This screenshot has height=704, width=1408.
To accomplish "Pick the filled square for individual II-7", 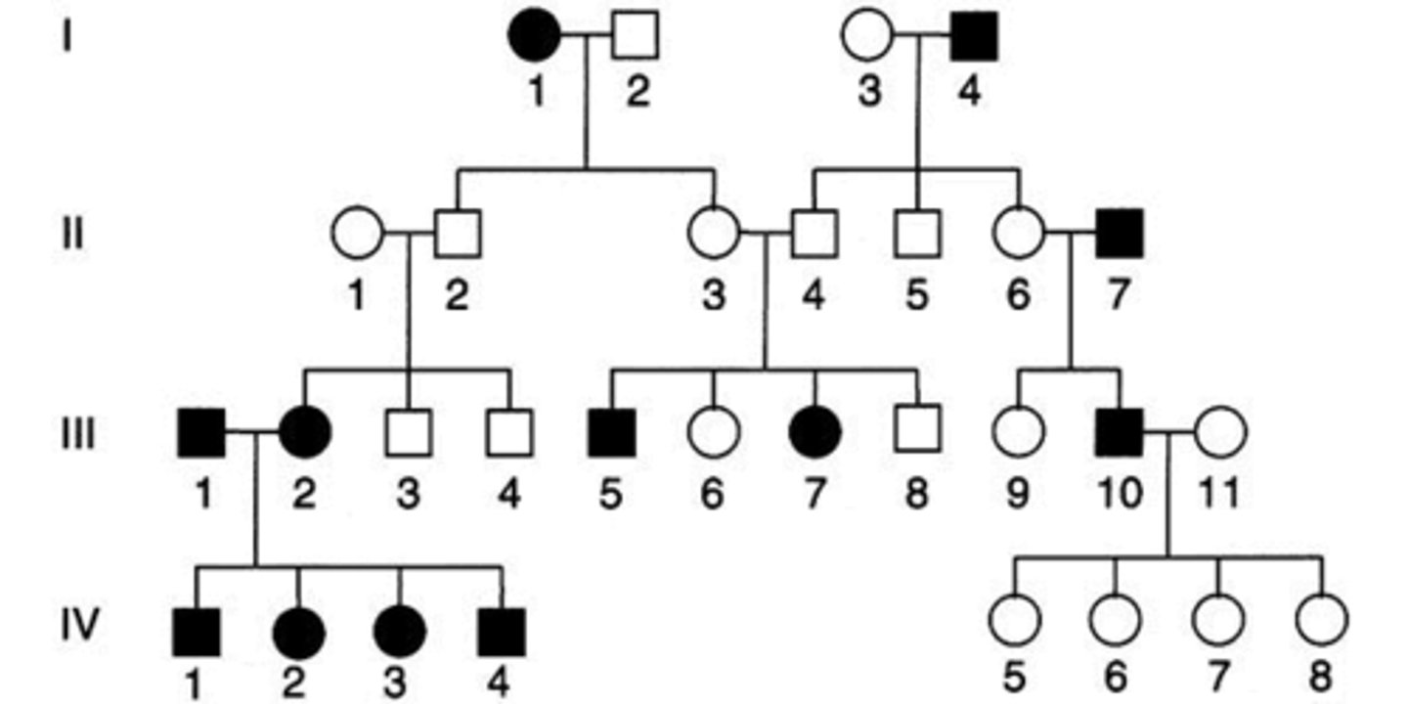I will point(1120,235).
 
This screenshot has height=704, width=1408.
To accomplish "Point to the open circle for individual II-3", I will point(714,235).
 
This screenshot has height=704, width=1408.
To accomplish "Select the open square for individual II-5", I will point(916,235).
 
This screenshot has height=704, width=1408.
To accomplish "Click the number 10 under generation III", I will point(1120,494).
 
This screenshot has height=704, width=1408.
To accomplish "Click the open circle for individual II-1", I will point(357,235).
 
